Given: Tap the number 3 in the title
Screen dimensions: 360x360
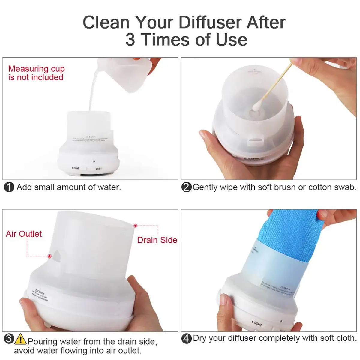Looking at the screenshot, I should pyautogui.click(x=130, y=40).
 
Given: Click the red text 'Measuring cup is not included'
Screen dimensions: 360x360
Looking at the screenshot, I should pyautogui.click(x=36, y=73).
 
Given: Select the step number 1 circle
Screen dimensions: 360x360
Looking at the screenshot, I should pyautogui.click(x=9, y=187).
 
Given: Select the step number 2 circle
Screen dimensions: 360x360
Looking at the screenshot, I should pyautogui.click(x=187, y=187).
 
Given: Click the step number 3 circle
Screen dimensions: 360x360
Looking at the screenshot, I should pyautogui.click(x=9, y=339).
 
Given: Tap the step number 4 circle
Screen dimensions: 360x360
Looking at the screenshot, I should pyautogui.click(x=187, y=339).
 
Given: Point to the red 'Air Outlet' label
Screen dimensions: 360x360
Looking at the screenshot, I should pyautogui.click(x=24, y=234).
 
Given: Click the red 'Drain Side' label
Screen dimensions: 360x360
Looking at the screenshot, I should pyautogui.click(x=157, y=240).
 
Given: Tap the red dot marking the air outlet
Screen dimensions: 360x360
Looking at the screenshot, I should pyautogui.click(x=49, y=256).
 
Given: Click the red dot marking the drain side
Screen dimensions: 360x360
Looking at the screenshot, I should pyautogui.click(x=136, y=225).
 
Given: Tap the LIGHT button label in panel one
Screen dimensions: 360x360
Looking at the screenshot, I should pyautogui.click(x=76, y=168).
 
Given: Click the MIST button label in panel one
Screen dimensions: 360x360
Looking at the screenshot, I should pyautogui.click(x=99, y=169).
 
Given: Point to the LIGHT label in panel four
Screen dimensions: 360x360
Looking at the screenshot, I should pyautogui.click(x=257, y=323).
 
